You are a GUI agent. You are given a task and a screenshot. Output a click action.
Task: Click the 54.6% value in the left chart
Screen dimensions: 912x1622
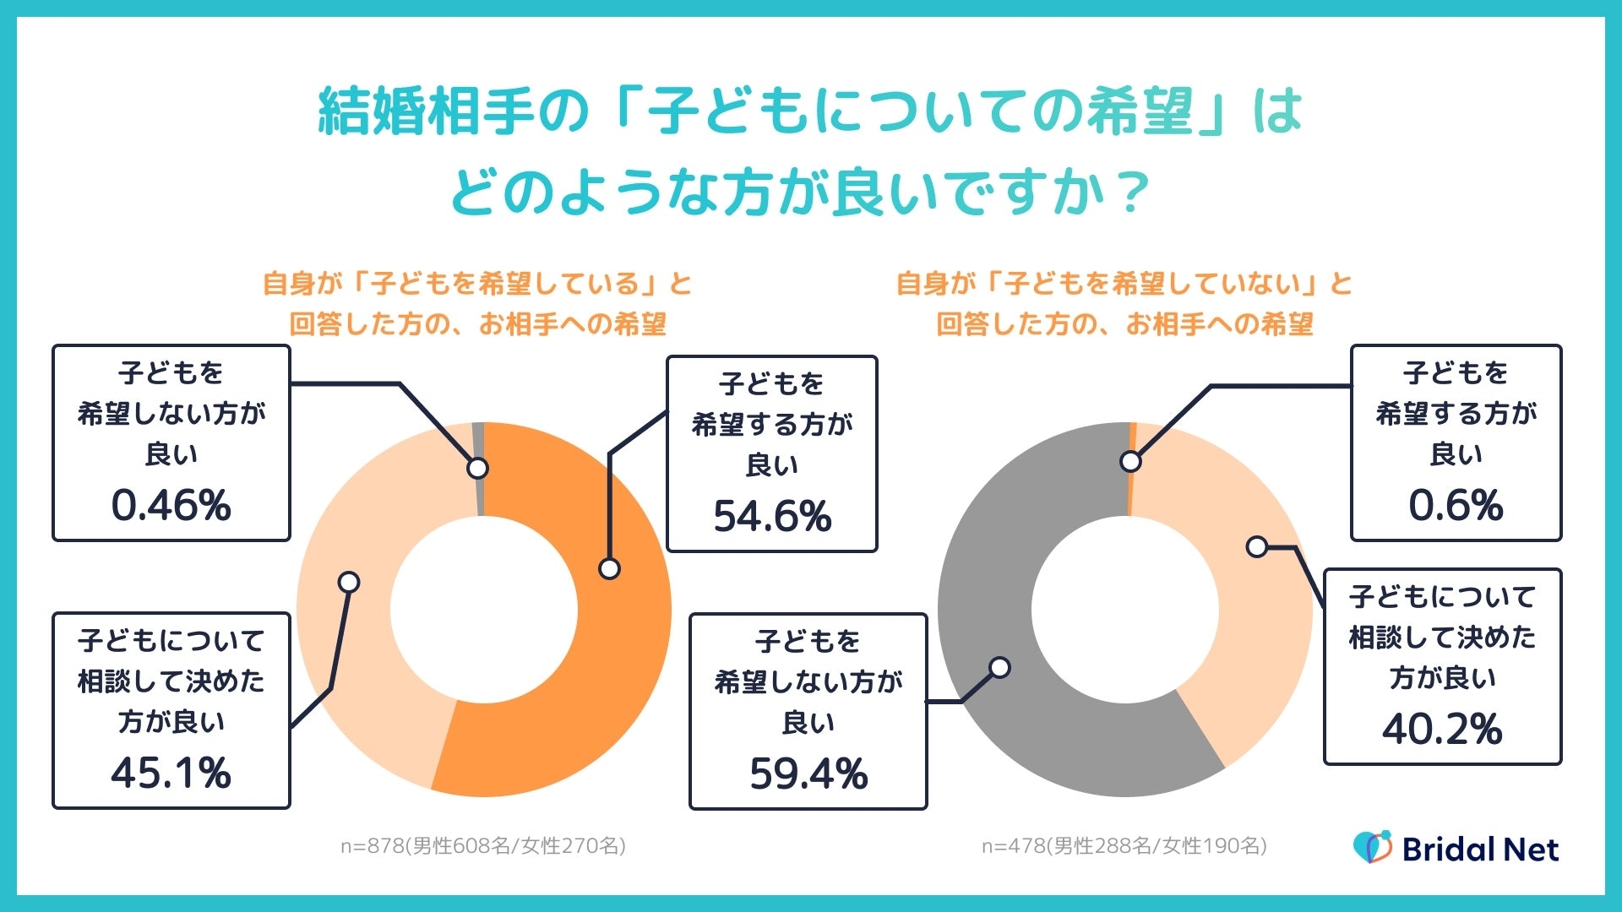(x=772, y=516)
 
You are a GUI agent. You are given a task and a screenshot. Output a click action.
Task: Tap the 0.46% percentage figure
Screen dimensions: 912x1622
(x=171, y=505)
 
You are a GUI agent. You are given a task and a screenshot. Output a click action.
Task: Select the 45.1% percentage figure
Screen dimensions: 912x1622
(x=171, y=773)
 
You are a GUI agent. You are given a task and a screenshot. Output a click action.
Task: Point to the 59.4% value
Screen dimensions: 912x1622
(x=808, y=774)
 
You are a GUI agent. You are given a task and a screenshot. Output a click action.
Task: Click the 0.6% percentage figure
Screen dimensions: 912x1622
(x=1456, y=505)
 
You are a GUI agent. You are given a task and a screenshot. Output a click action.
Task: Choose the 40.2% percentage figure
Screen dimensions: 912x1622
(x=1442, y=729)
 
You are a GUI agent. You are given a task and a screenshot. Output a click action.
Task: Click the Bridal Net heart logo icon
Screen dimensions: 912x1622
(x=1372, y=847)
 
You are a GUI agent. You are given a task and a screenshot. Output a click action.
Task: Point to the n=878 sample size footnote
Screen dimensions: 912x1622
(x=482, y=845)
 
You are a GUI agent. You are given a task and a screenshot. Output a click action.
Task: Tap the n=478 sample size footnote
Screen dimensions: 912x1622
(x=1124, y=845)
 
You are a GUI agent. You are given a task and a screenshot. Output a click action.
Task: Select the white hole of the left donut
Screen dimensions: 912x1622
(x=484, y=609)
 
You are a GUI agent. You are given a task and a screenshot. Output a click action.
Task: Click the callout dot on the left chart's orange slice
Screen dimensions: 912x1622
(x=609, y=569)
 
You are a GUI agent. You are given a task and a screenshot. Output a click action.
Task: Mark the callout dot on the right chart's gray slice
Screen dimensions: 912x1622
(x=1000, y=668)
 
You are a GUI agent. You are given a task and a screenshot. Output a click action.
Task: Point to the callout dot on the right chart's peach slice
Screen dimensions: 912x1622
(x=1257, y=547)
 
